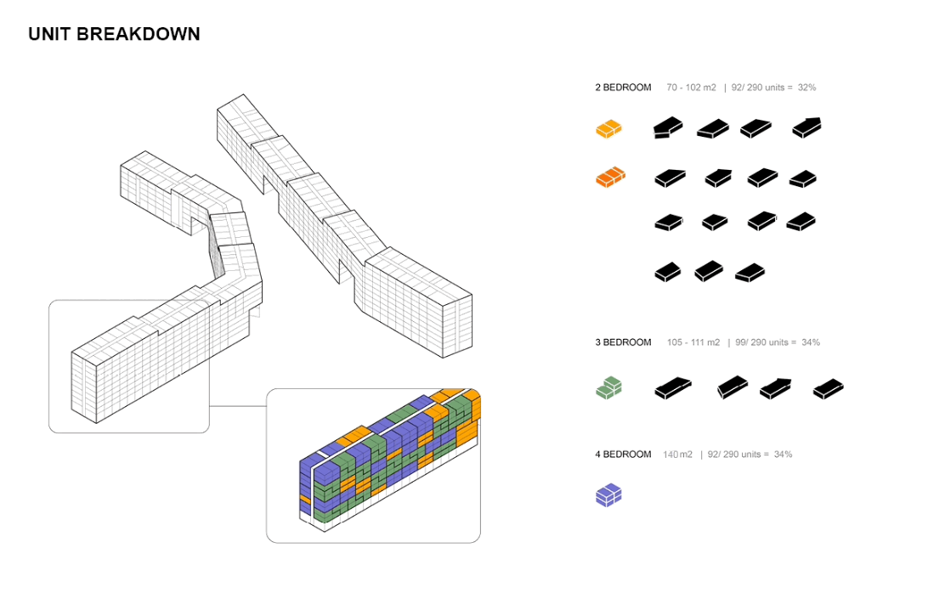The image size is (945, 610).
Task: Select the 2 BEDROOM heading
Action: (623, 88)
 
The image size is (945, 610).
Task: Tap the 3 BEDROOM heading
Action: (623, 342)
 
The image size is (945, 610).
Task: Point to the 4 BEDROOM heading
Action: (623, 455)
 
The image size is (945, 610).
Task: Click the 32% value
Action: (807, 88)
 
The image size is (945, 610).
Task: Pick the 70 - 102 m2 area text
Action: (691, 88)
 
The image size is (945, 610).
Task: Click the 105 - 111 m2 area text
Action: (693, 342)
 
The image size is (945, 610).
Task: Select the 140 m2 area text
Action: (677, 455)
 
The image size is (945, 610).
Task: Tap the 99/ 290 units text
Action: (761, 342)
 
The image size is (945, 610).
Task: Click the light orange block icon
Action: (608, 129)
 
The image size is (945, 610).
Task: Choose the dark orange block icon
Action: (610, 178)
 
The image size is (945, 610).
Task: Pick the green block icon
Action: (608, 387)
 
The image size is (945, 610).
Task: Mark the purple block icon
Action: (608, 494)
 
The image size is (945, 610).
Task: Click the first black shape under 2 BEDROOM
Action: (668, 127)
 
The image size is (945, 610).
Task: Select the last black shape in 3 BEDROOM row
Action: (828, 389)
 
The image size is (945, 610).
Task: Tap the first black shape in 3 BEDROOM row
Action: (672, 388)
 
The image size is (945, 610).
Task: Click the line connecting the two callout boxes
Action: (238, 406)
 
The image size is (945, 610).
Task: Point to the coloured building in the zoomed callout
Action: (390, 460)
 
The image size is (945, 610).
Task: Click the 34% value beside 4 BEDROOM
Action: (783, 455)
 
